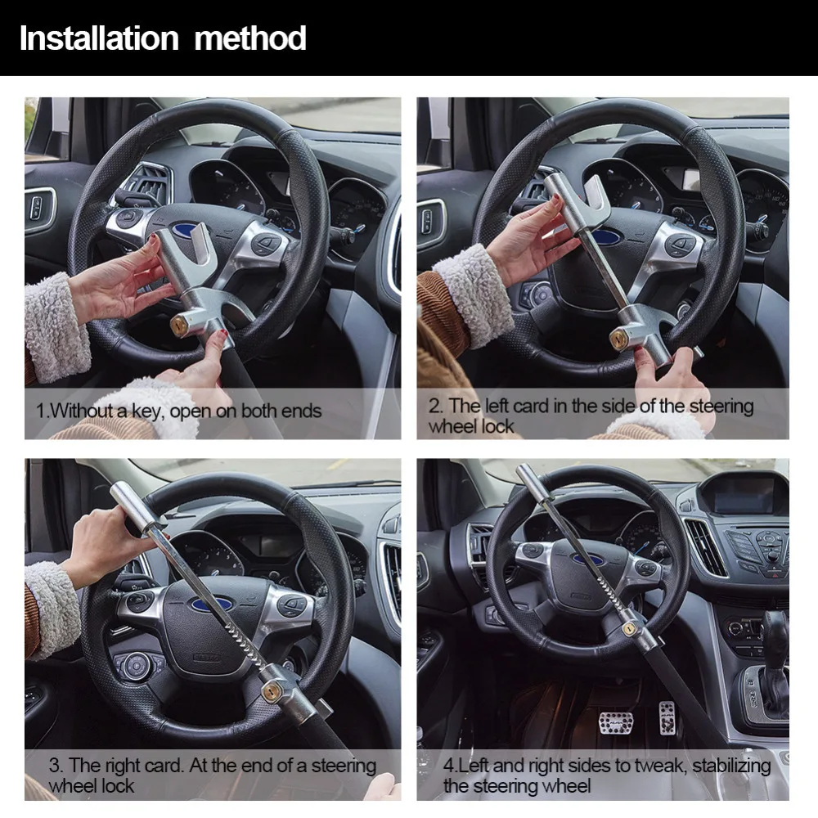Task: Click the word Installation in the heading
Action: coord(99,38)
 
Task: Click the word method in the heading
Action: coord(249,38)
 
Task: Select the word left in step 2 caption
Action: coord(499,406)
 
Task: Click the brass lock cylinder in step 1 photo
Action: coord(179,326)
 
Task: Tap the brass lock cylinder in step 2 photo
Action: coord(619,339)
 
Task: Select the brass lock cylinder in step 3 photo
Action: coord(272,691)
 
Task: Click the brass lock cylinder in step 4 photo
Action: coord(630,628)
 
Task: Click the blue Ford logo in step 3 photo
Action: coord(212,605)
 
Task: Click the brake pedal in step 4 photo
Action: coord(616,721)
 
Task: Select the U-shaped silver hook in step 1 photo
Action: coord(200,246)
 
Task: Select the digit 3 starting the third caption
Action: coord(56,766)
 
